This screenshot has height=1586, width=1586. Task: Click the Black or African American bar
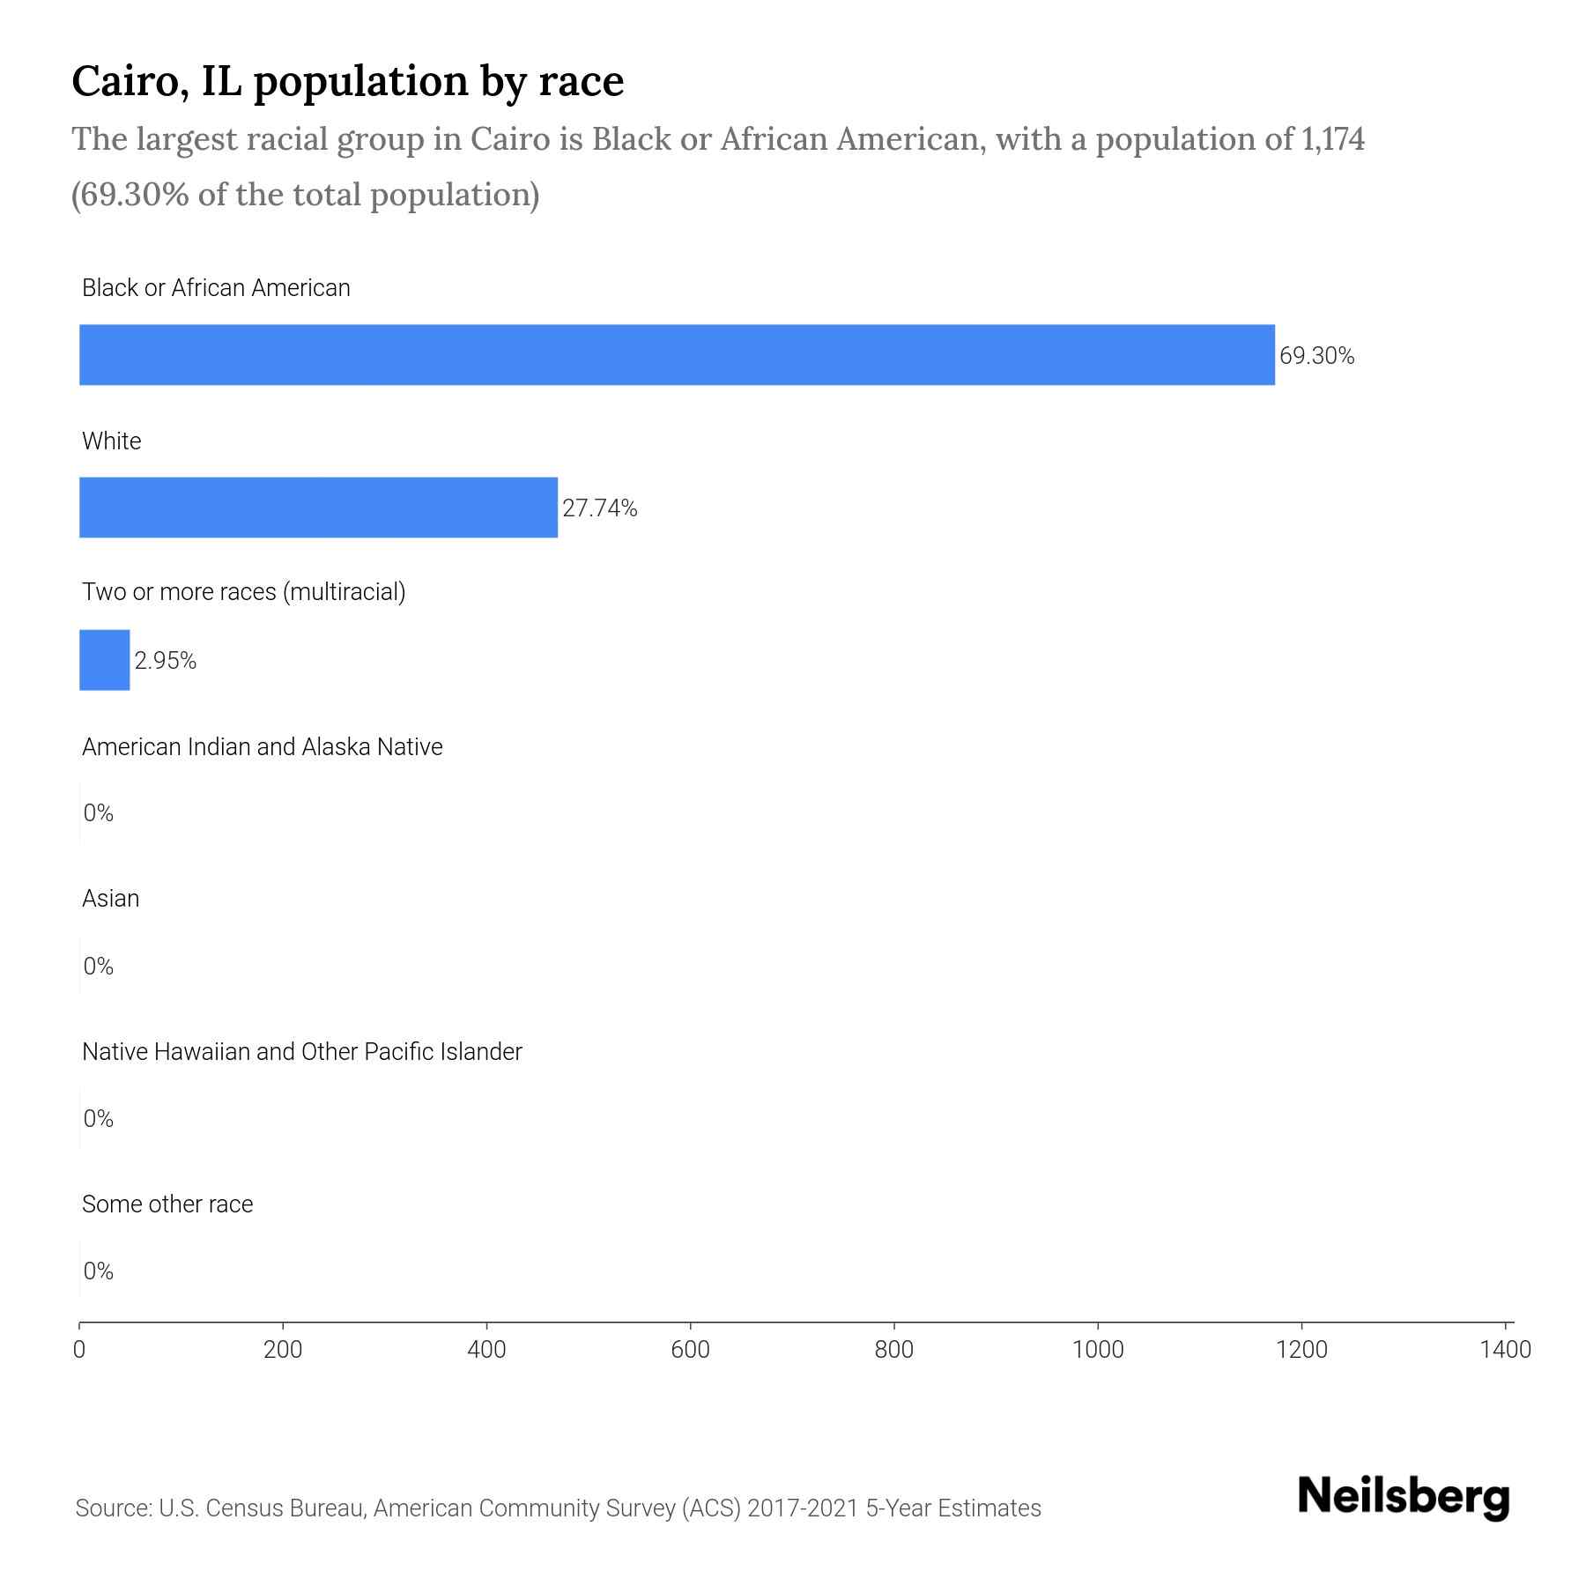coord(677,354)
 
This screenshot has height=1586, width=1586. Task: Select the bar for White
coord(318,508)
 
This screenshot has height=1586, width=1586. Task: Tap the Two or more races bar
coord(104,660)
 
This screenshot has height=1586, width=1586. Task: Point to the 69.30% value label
coord(1316,356)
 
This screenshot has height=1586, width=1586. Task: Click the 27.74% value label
coord(599,508)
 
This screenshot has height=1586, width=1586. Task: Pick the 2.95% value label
coord(165,661)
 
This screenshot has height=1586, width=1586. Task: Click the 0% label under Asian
coord(98,967)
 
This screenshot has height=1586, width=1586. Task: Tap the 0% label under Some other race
coord(98,1271)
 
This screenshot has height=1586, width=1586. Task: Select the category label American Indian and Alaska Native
coord(262,747)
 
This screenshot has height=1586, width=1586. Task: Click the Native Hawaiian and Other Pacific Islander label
coord(301,1052)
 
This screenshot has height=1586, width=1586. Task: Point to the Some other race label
coord(167,1204)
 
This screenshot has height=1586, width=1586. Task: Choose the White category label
coord(111,441)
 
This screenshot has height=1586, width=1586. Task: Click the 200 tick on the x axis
coord(283,1350)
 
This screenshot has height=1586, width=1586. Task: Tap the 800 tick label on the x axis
coord(893,1350)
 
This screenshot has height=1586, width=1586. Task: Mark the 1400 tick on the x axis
coord(1505,1350)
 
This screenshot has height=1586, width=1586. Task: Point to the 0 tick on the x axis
coord(79,1350)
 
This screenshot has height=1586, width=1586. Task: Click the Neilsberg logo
coord(1404,1497)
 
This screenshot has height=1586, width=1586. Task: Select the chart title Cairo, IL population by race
coord(347,81)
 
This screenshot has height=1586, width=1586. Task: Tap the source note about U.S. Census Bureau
coord(558,1508)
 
